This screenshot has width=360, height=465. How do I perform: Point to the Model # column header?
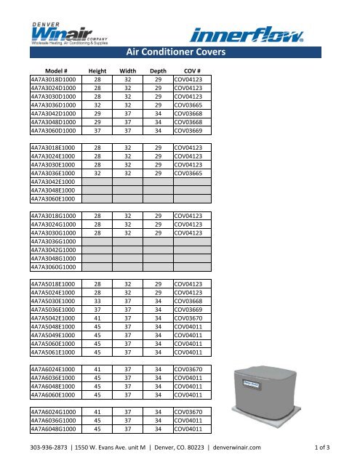(x=47, y=70)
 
